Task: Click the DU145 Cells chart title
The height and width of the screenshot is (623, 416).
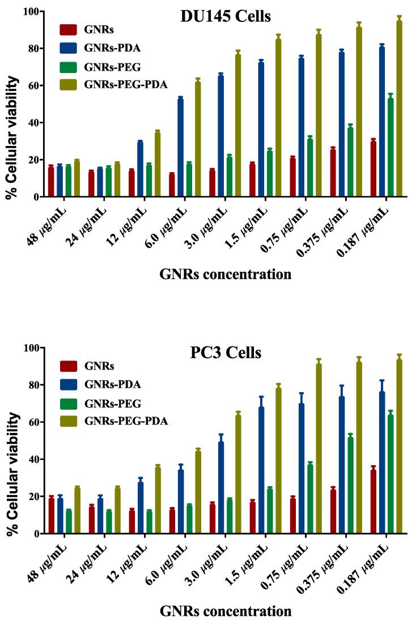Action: (x=225, y=17)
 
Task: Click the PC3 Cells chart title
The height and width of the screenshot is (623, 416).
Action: (x=225, y=354)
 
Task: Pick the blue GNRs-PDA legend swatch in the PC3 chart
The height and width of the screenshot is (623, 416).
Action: (x=69, y=385)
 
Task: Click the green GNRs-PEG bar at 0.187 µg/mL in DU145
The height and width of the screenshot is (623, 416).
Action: (x=390, y=148)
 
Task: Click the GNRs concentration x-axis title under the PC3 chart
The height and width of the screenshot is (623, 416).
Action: (x=225, y=611)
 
